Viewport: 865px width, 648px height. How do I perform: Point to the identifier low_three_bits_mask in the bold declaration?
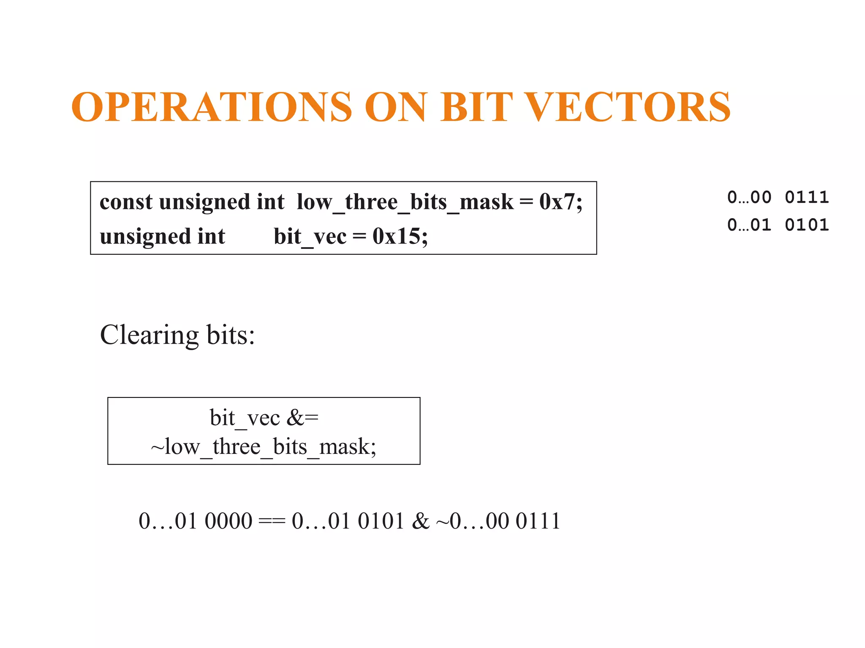tap(405, 202)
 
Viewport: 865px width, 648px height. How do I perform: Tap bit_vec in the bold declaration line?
tap(310, 237)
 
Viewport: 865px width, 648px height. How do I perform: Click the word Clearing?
tap(149, 335)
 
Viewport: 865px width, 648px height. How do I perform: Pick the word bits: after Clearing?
tap(231, 335)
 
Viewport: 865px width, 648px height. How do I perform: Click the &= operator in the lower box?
tap(302, 418)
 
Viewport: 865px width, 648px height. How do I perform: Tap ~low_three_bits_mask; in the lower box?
tap(264, 447)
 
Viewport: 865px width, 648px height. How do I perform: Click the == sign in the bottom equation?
tap(272, 521)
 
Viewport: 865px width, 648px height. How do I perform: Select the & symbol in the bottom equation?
tap(421, 521)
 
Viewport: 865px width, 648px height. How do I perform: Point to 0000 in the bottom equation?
tap(228, 521)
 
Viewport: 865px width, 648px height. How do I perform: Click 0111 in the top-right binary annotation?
tap(807, 197)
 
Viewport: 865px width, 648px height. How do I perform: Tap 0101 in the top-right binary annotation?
tap(807, 225)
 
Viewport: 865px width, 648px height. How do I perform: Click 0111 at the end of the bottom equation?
tap(538, 521)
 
